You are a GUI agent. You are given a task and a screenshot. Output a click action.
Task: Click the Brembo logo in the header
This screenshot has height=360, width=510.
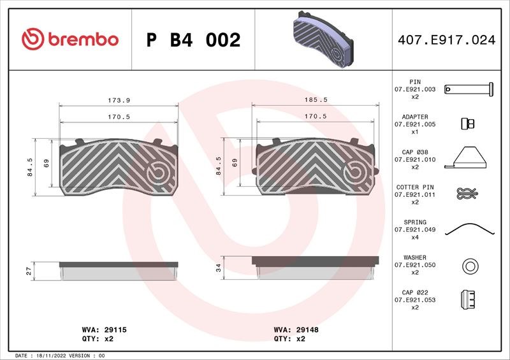tap(70, 39)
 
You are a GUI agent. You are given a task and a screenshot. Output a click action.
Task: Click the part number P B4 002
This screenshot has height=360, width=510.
tap(194, 40)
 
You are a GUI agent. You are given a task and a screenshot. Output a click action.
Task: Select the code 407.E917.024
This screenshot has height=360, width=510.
tap(447, 40)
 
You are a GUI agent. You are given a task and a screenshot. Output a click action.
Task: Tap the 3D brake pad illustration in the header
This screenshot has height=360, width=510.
tap(323, 40)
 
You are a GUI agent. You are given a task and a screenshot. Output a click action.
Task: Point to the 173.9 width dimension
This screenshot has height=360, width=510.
tap(119, 101)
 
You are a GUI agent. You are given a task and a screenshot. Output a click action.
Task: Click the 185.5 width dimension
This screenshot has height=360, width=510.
tap(316, 100)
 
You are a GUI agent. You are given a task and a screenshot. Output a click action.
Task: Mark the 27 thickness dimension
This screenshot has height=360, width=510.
tap(29, 271)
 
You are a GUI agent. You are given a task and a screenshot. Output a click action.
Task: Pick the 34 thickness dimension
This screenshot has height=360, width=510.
tap(219, 268)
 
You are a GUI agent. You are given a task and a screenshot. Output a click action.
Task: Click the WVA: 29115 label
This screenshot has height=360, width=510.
tap(104, 330)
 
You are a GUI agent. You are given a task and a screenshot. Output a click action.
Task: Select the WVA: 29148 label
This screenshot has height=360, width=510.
tap(296, 330)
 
